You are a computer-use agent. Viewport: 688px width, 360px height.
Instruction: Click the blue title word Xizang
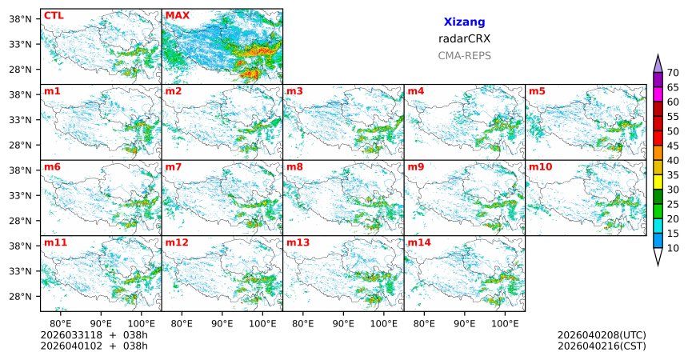click(464, 22)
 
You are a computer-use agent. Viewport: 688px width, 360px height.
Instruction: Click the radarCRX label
click(464, 38)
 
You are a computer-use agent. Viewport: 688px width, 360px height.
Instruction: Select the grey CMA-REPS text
click(464, 56)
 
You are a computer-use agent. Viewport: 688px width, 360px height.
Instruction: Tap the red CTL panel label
click(53, 15)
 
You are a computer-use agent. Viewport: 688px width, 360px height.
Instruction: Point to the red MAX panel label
click(177, 15)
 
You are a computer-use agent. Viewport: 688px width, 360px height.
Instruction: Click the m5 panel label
click(537, 91)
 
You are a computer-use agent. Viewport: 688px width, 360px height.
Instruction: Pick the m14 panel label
click(418, 242)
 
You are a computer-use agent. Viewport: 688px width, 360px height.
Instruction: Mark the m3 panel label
click(294, 91)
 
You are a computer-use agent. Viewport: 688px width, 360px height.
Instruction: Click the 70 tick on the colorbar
click(673, 73)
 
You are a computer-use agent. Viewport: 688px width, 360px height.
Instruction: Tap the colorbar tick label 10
click(673, 249)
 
